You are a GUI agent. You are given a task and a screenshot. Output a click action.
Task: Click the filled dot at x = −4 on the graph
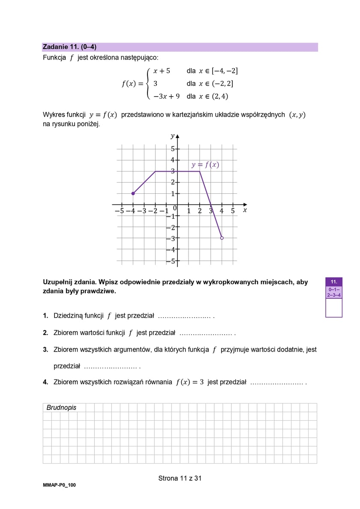click(x=133, y=193)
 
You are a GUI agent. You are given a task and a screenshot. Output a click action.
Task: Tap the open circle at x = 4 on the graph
click(x=222, y=238)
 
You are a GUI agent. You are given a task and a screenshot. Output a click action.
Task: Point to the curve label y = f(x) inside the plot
click(x=205, y=165)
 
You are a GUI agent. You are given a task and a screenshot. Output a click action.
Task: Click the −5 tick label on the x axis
click(x=119, y=211)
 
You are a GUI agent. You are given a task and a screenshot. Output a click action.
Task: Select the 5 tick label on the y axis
click(x=173, y=149)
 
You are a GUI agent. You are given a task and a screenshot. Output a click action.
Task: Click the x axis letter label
click(x=245, y=210)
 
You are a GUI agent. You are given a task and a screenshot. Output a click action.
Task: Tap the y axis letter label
click(x=172, y=136)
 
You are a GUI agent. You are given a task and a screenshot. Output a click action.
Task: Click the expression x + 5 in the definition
click(x=162, y=71)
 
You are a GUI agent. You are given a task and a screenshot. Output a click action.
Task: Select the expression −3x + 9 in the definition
click(x=166, y=96)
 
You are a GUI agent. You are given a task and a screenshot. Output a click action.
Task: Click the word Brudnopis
click(x=61, y=407)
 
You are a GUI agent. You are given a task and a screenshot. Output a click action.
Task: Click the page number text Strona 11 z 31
click(x=180, y=478)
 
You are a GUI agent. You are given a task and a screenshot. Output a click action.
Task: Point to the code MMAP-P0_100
click(x=59, y=485)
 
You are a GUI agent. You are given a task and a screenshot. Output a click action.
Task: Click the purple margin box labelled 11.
click(x=334, y=282)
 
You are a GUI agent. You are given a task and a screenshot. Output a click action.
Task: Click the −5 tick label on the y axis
click(x=172, y=260)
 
